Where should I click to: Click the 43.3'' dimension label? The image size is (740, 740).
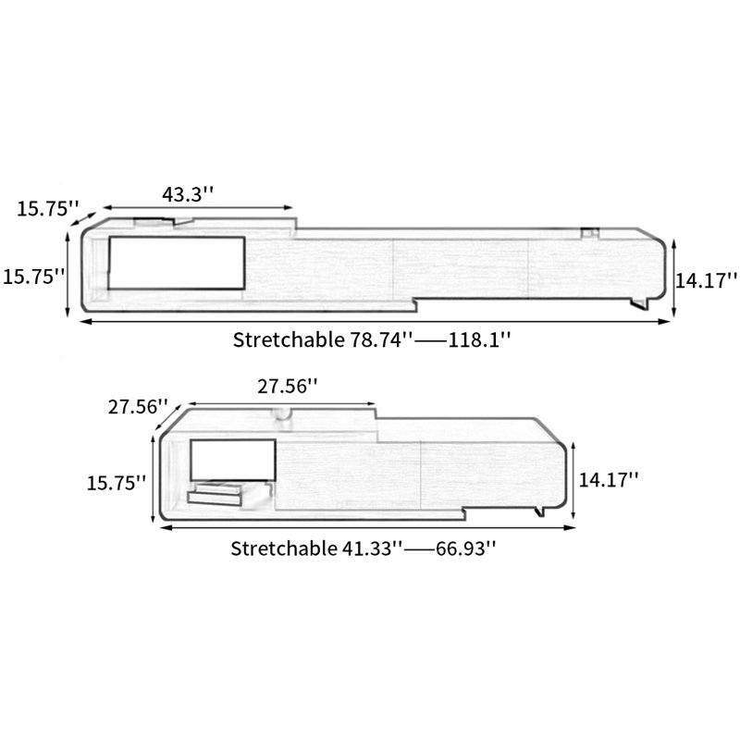(x=188, y=194)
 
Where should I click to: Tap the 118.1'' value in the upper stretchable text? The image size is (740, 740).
(x=479, y=339)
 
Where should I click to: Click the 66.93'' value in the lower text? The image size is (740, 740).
(x=466, y=549)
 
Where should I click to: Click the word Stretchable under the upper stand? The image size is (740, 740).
(x=289, y=339)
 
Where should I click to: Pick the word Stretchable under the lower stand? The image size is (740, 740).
(x=284, y=549)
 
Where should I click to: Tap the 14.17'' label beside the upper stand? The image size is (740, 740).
(x=707, y=281)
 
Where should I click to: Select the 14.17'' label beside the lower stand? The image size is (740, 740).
(x=609, y=480)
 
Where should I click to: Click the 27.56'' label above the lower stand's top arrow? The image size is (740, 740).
(x=288, y=387)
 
